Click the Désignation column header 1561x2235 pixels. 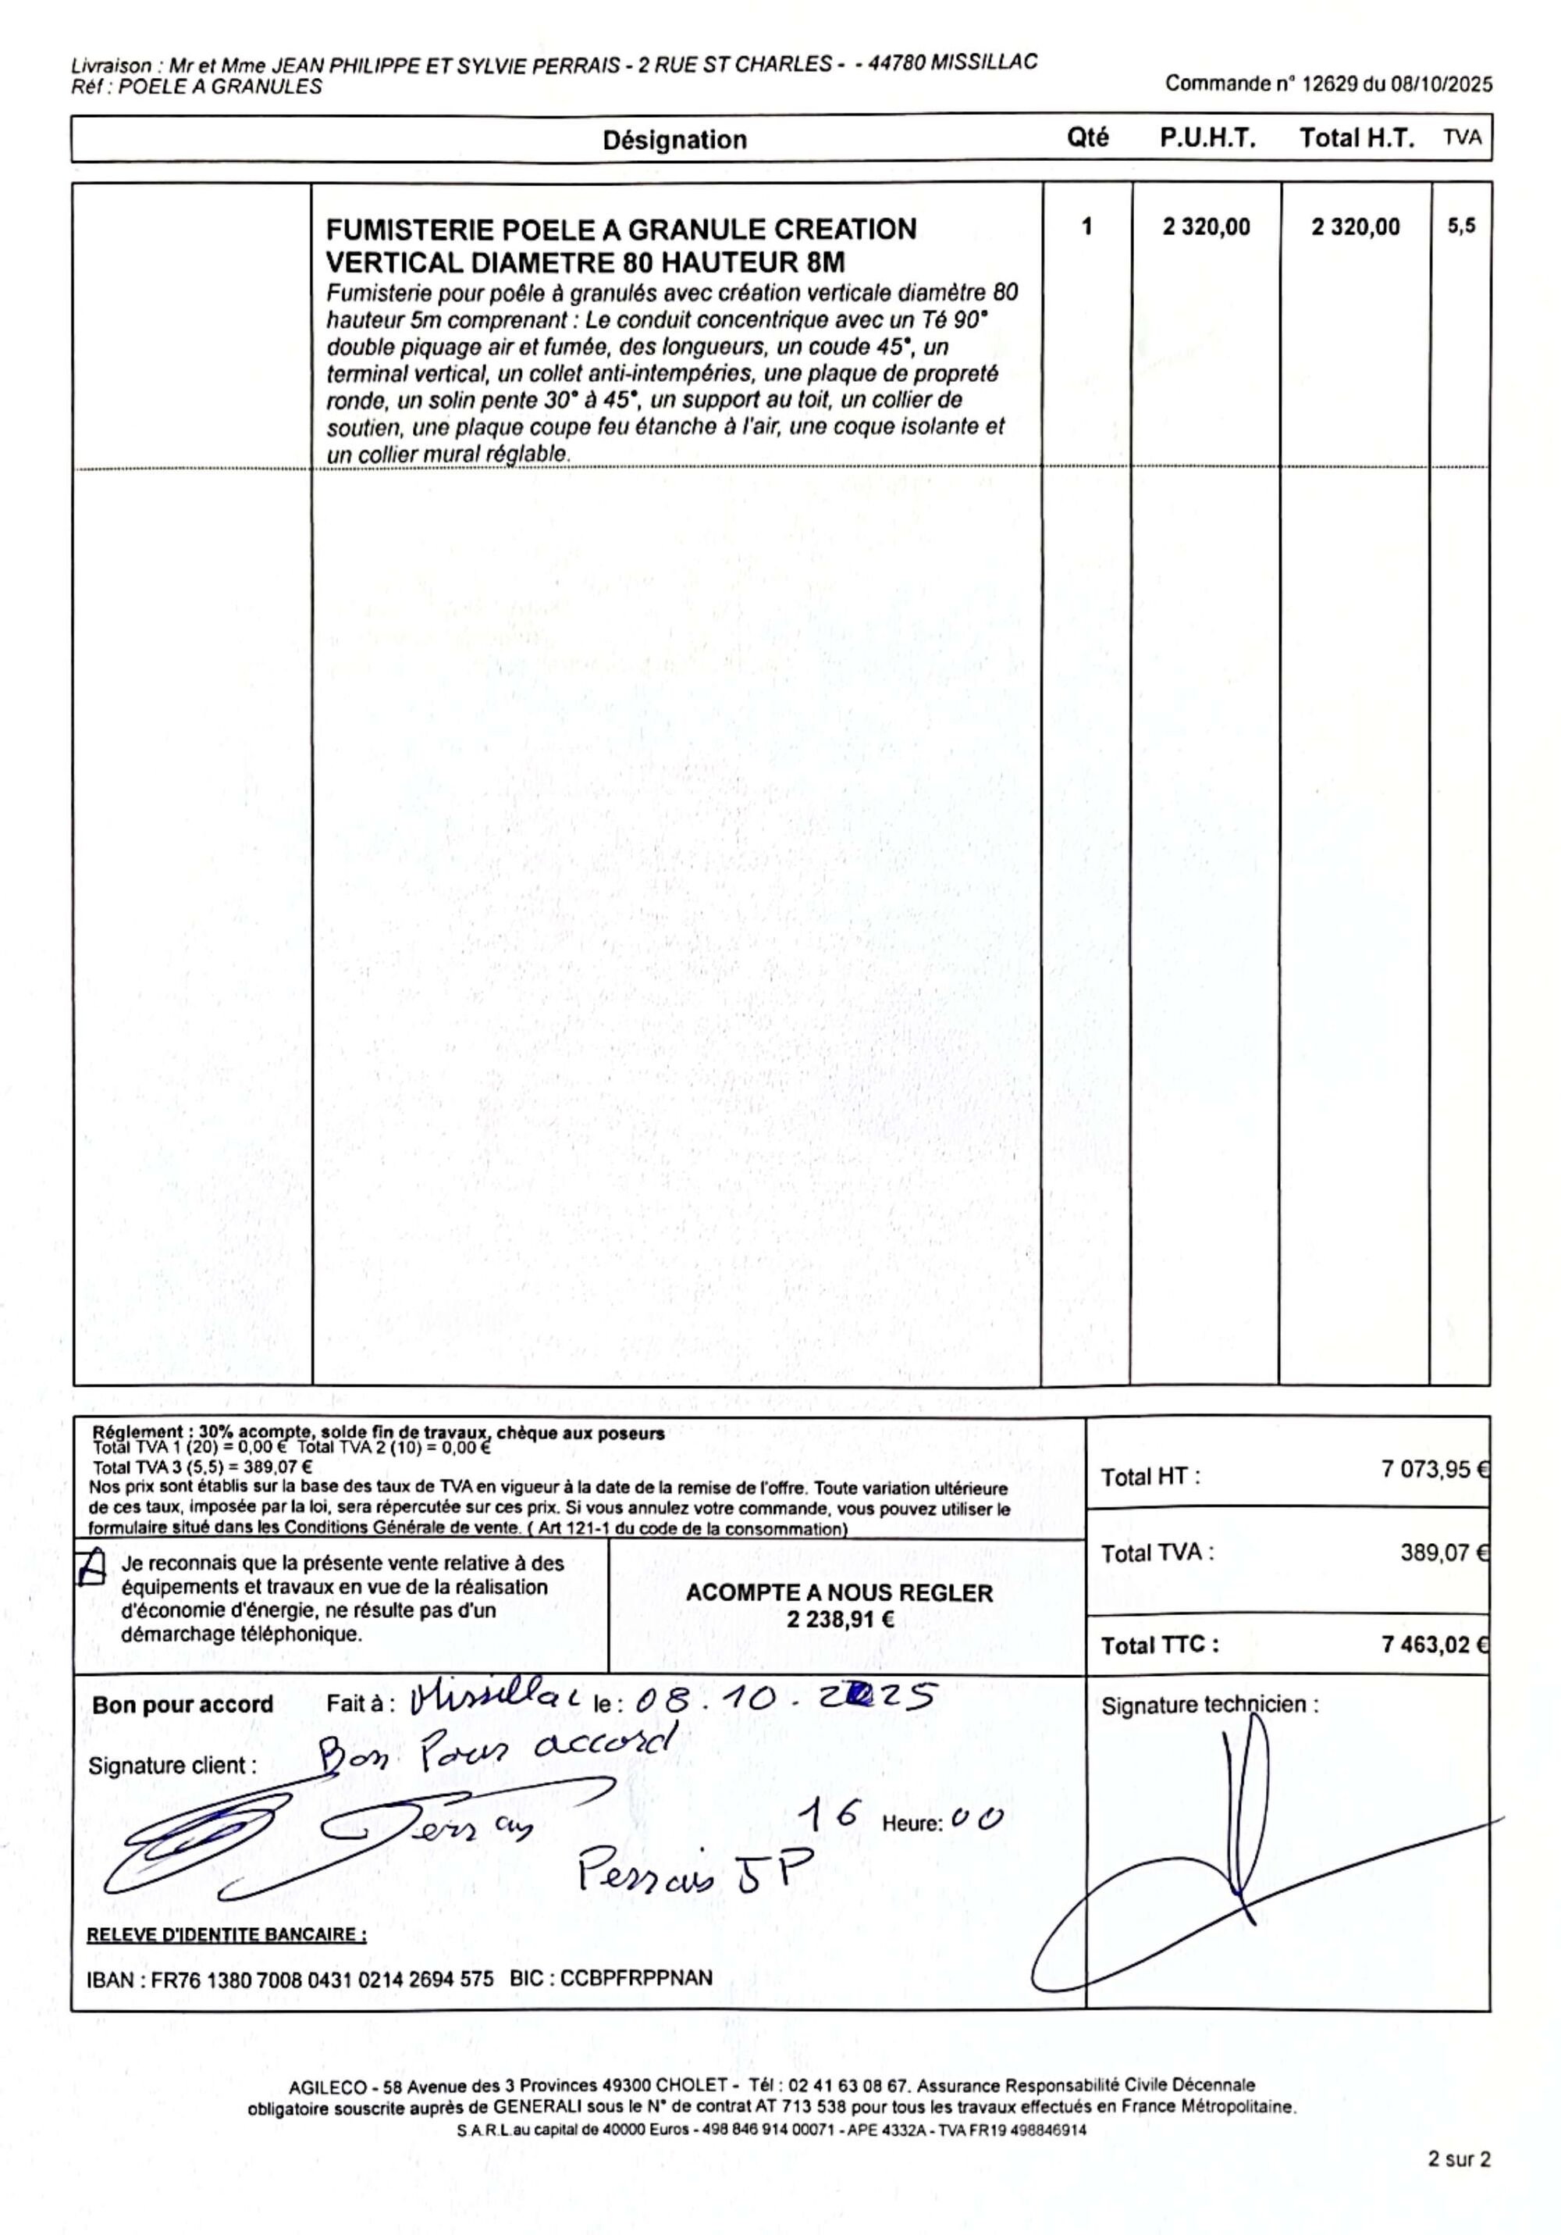(674, 140)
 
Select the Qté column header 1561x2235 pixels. (1087, 138)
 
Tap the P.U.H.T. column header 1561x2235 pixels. (1207, 138)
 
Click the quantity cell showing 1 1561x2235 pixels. (1086, 226)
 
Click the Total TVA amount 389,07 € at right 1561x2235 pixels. (1443, 1552)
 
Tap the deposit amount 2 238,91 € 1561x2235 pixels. (841, 1620)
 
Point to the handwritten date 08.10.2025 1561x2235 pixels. (784, 1699)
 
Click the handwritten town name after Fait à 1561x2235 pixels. (494, 1699)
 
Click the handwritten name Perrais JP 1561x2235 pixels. (694, 1869)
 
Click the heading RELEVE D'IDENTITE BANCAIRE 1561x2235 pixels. (227, 1934)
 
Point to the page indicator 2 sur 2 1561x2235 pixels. (1458, 2159)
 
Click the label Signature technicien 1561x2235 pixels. (1209, 1705)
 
